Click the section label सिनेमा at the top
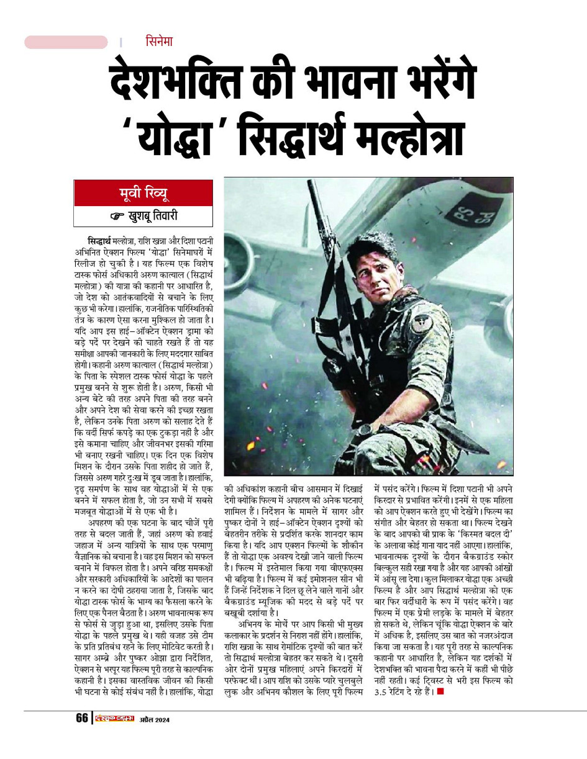[159, 42]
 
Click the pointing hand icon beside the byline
[117, 217]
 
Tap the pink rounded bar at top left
[66, 42]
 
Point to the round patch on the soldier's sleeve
[422, 323]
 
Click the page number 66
[82, 718]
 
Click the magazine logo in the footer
[114, 719]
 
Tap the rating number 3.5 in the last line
[384, 692]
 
